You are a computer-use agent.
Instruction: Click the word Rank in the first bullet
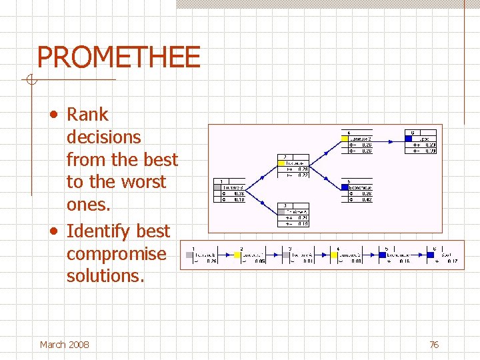[87, 115]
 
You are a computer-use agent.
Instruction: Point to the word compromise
[117, 254]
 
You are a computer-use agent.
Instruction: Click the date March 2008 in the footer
[64, 345]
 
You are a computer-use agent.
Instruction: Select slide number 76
[434, 345]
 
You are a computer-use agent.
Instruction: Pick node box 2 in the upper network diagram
[294, 166]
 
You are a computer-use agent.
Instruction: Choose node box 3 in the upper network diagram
[294, 215]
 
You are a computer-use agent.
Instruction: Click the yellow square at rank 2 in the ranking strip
[237, 254]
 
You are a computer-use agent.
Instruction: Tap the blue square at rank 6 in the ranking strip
[431, 254]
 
